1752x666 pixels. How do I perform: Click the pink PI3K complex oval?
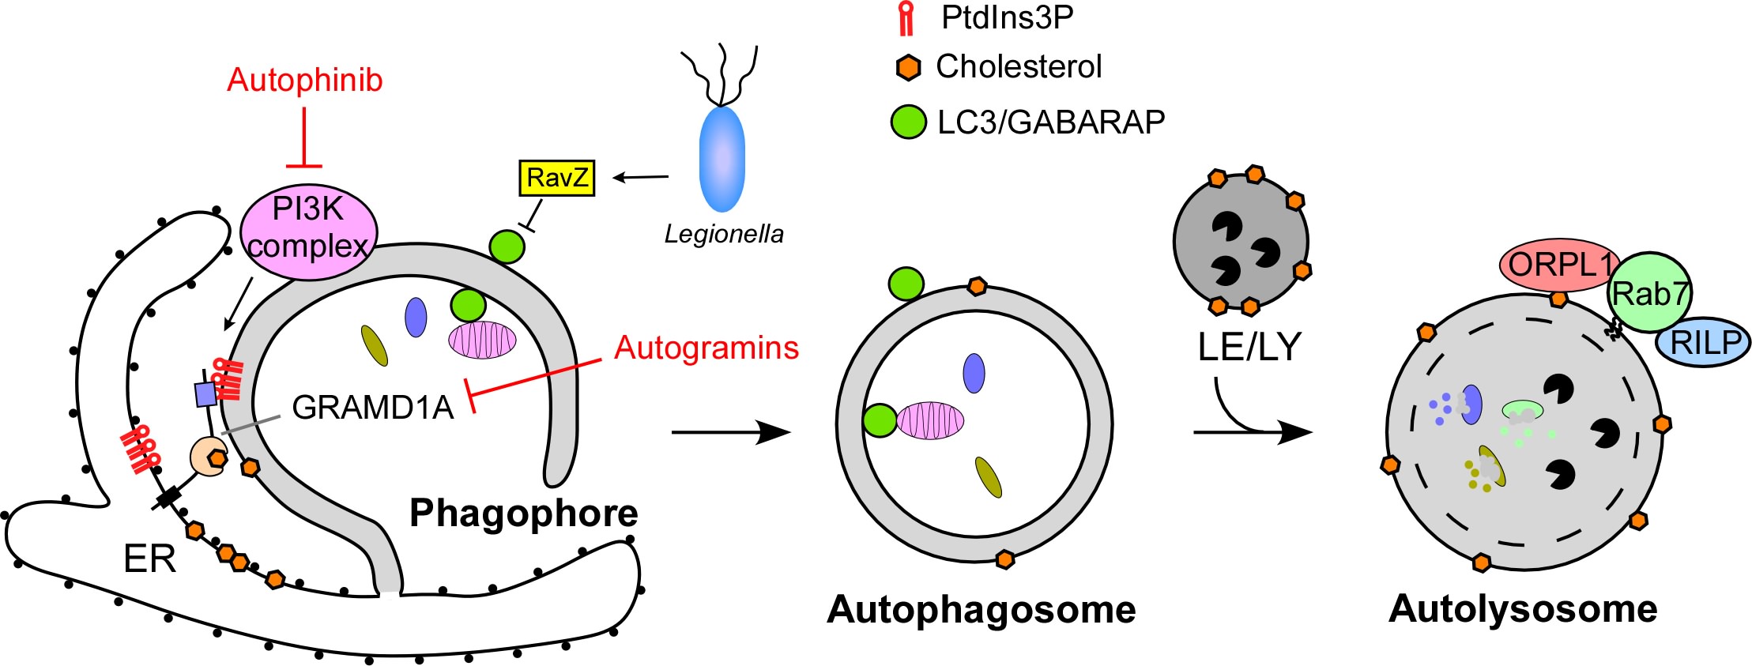308,230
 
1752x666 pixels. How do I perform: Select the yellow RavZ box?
556,178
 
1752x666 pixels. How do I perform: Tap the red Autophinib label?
304,80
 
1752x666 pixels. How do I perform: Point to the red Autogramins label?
706,348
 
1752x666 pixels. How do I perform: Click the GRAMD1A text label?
372,407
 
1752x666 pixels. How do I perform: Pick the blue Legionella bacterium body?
722,159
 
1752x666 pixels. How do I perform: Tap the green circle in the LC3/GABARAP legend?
908,122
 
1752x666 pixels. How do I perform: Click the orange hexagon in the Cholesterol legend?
909,68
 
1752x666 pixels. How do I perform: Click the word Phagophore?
523,514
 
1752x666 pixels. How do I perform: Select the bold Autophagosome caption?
981,610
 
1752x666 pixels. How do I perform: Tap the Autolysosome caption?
1522,609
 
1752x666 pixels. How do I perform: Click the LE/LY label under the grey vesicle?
1249,346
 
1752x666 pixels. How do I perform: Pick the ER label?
149,559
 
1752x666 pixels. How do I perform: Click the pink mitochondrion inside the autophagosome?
929,420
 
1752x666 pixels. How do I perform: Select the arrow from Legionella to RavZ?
641,177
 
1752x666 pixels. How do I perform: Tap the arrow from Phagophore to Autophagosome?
730,432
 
